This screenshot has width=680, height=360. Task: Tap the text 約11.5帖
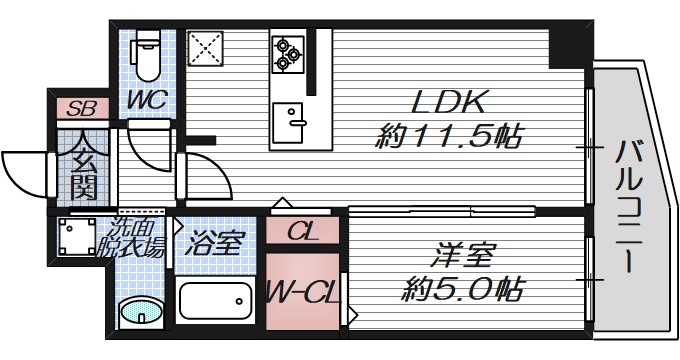pyautogui.click(x=449, y=137)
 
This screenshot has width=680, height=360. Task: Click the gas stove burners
pyautogui.click(x=287, y=53)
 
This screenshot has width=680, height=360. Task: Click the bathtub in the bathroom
pyautogui.click(x=214, y=300)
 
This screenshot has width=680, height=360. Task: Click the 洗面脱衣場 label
pyautogui.click(x=134, y=241)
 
